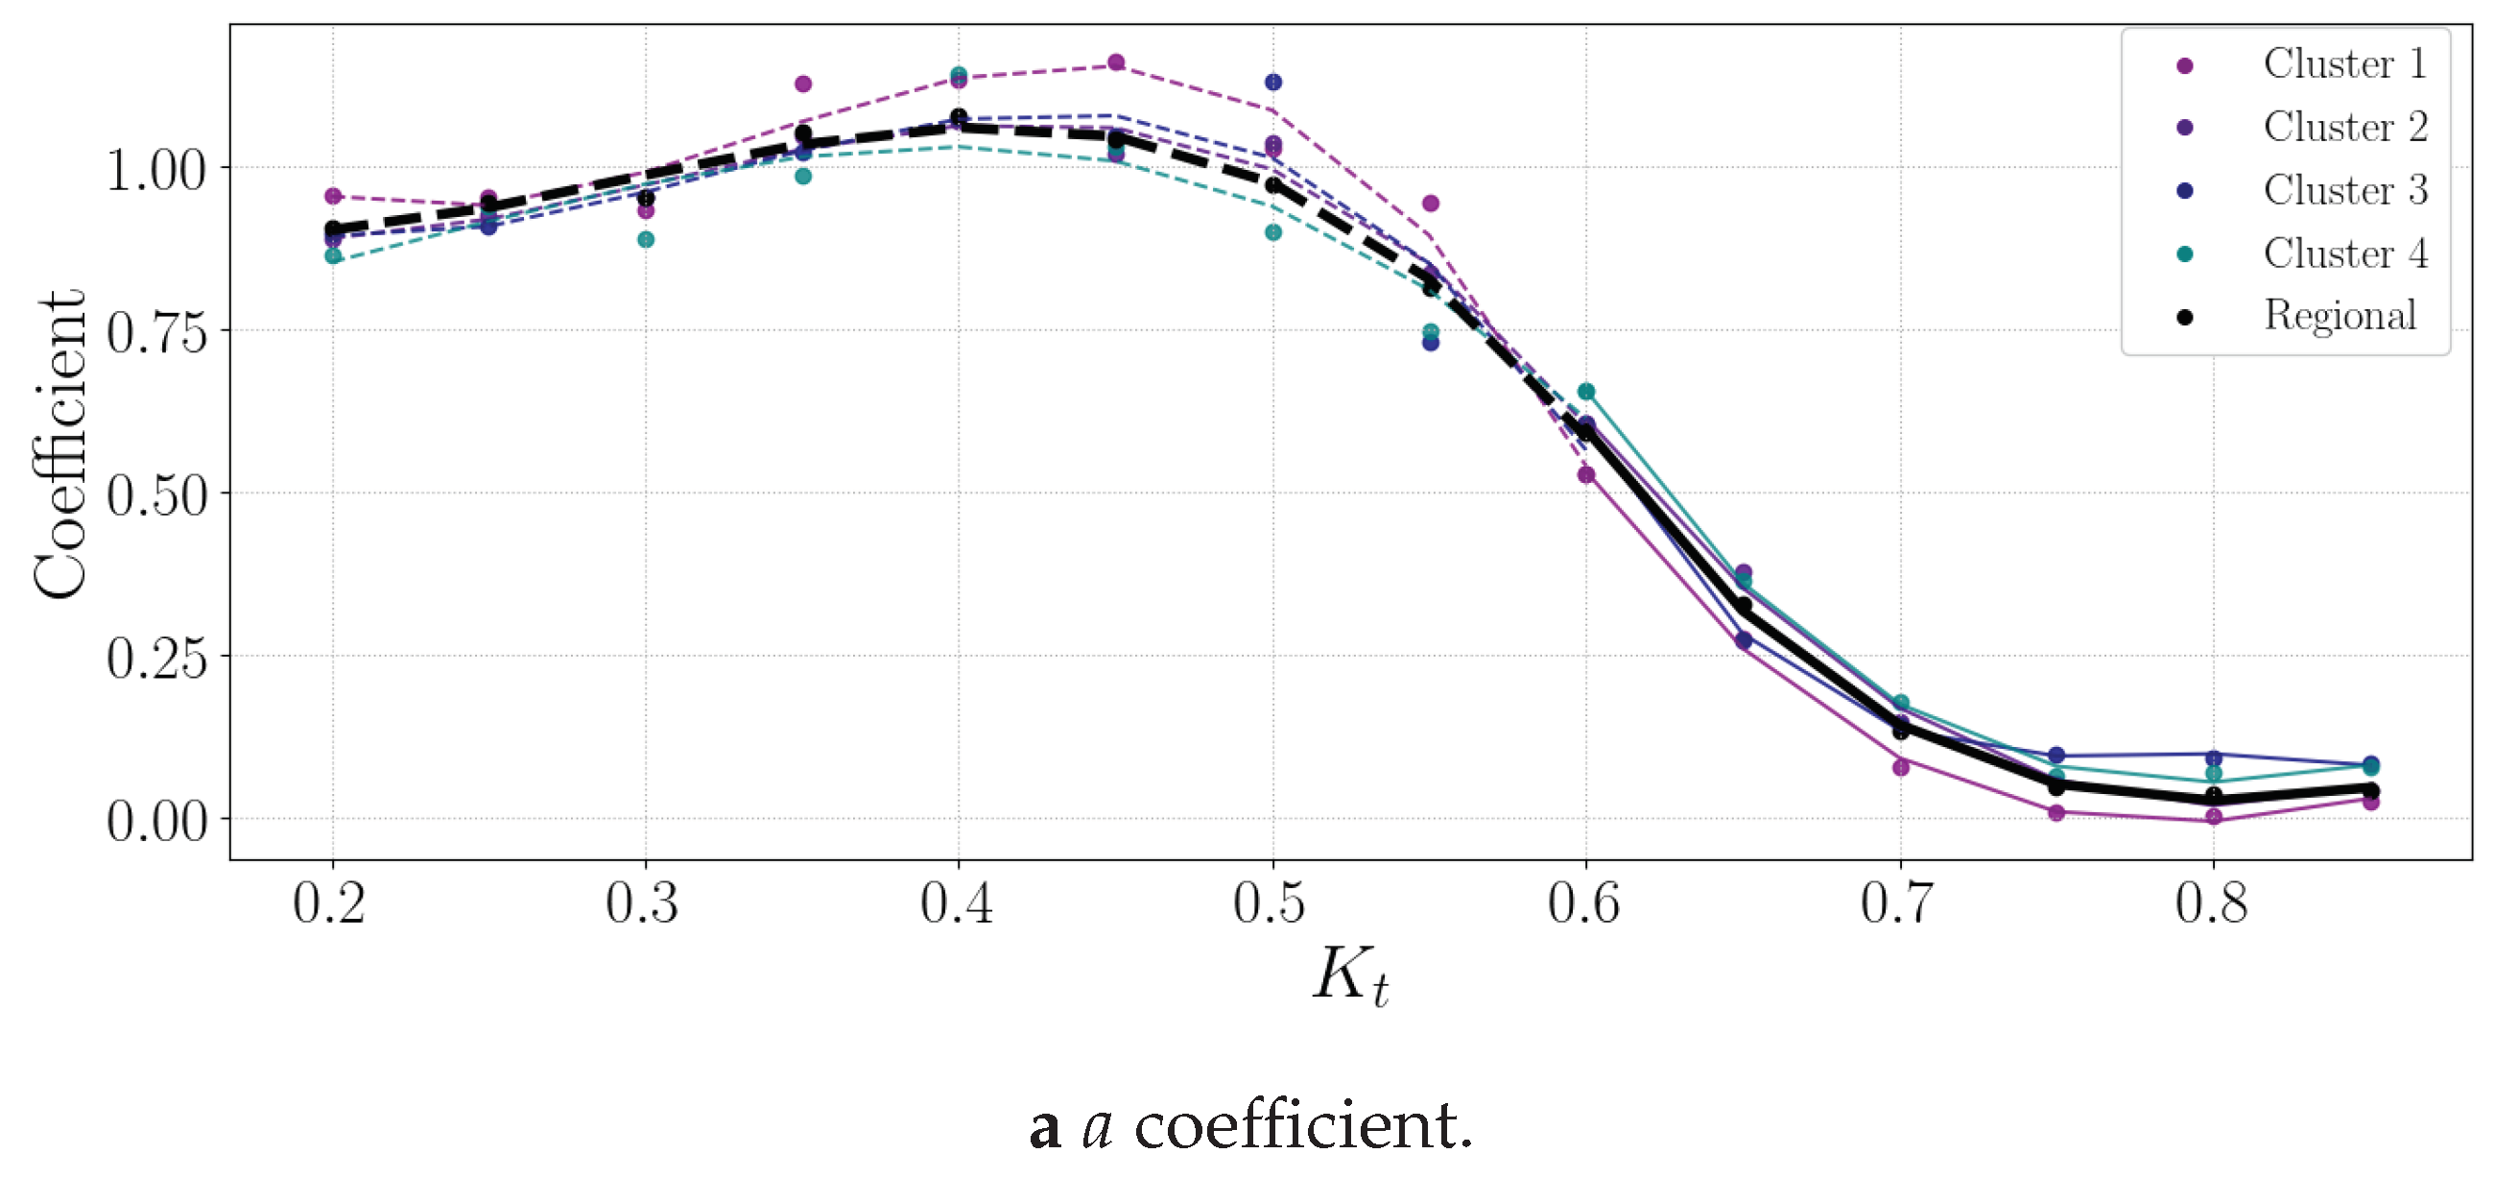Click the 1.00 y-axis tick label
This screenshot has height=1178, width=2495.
[157, 171]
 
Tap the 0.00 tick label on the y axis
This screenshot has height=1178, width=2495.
[157, 822]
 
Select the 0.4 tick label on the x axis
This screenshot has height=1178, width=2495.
[957, 902]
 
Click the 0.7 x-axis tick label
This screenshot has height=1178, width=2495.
[1896, 902]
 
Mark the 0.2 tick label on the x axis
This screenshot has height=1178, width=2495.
[329, 902]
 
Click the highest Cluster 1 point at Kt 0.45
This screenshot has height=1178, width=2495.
[1116, 63]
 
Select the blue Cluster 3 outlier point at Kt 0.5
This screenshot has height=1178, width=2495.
[1273, 83]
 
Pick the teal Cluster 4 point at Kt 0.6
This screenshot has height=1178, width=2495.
[1586, 392]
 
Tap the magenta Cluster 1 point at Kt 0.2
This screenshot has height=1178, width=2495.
[333, 196]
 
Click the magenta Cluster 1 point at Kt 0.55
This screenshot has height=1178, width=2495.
[1431, 204]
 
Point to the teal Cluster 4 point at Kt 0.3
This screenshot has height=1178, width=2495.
[646, 239]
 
